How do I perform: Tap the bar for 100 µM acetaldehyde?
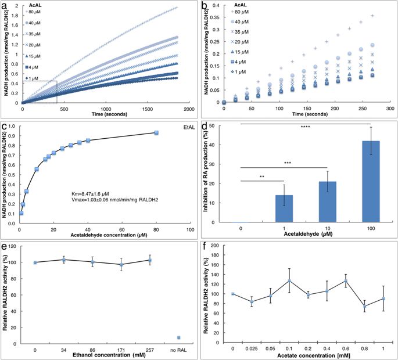(x=371, y=182)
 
